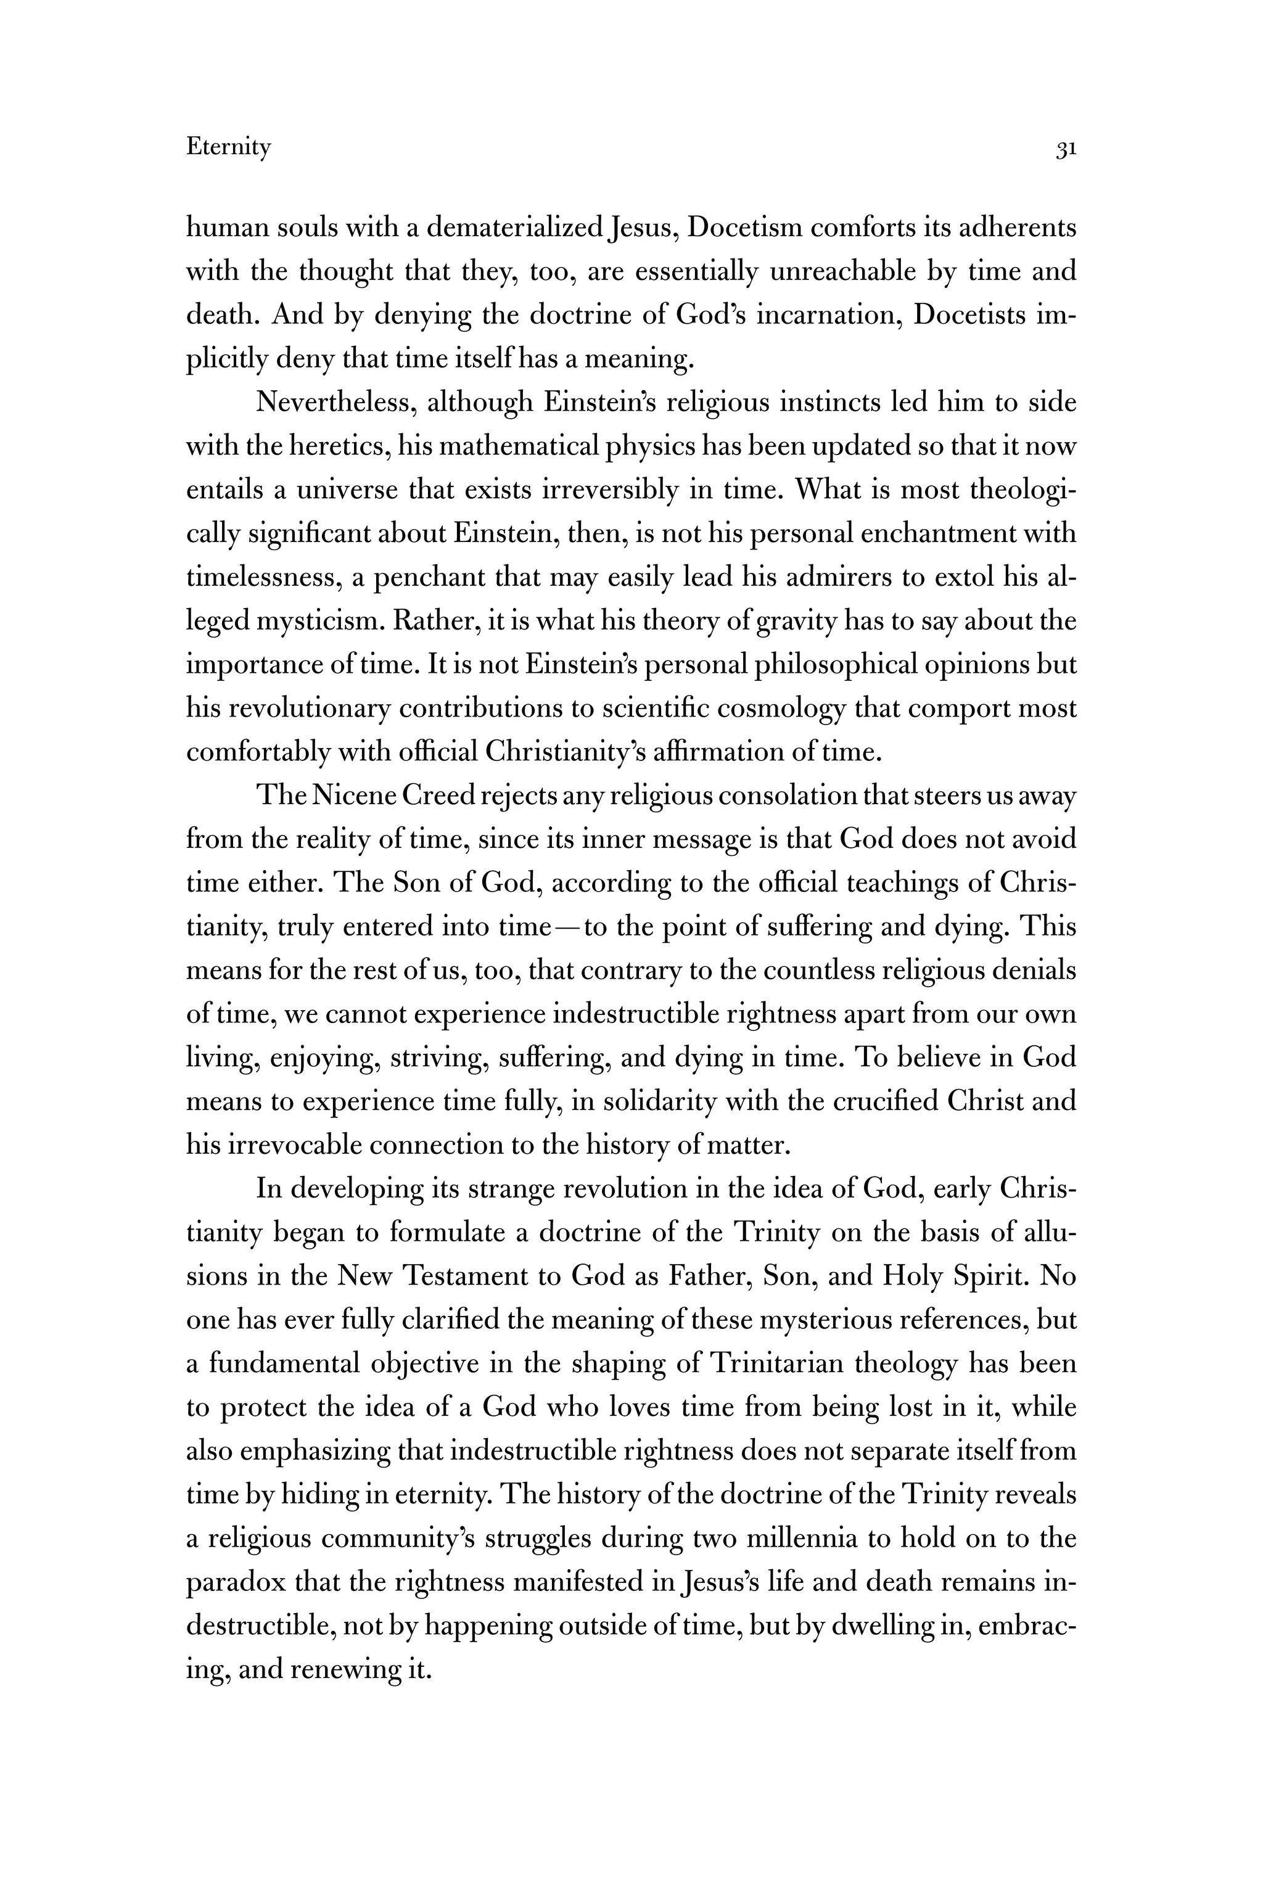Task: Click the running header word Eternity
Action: (229, 147)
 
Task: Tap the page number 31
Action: (1066, 149)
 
